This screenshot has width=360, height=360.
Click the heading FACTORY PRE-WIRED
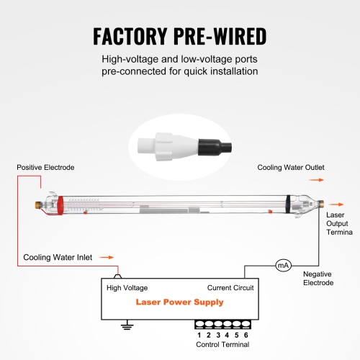[x=180, y=35]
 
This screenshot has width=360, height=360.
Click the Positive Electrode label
[x=45, y=167]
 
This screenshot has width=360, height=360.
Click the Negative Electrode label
[x=318, y=278]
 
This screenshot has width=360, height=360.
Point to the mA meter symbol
[x=283, y=266]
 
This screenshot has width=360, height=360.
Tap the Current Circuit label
[x=230, y=287]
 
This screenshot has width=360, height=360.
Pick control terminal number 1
[x=199, y=334]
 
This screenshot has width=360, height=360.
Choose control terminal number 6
[x=245, y=334]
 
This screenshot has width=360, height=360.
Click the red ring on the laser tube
[x=60, y=204]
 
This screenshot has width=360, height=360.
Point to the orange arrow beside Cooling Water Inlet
[x=106, y=256]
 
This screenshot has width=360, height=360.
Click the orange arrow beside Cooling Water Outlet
[x=318, y=181]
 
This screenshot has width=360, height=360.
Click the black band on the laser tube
[x=287, y=204]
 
